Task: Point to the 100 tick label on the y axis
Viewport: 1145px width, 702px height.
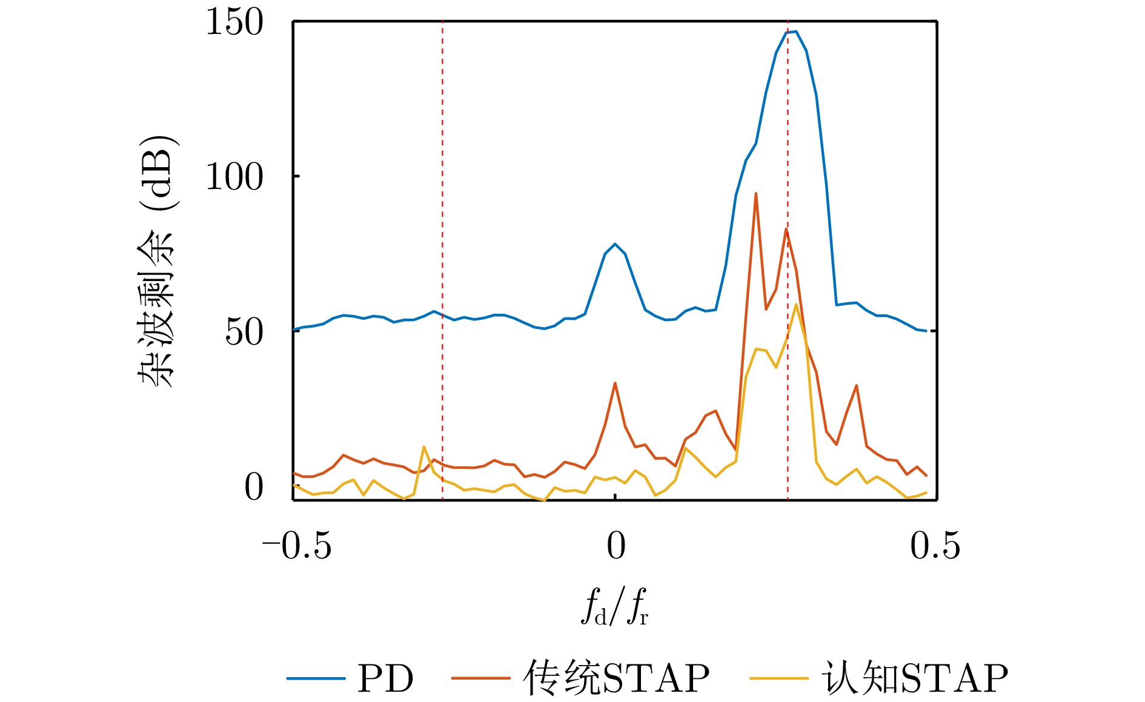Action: pos(234,177)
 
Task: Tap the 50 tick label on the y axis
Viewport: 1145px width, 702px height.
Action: pos(244,333)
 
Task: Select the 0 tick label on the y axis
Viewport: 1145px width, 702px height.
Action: pos(254,488)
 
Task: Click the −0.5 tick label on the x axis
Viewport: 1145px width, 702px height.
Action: pos(296,546)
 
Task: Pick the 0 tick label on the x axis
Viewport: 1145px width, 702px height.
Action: pos(616,546)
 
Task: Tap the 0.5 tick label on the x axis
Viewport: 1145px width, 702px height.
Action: pos(935,546)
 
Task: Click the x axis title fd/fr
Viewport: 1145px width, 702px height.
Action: pos(614,607)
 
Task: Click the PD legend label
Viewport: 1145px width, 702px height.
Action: pos(385,678)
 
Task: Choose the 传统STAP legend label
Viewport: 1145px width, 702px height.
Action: pos(616,678)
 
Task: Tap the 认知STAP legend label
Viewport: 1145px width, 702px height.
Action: pos(915,678)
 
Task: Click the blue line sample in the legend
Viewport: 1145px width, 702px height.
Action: pos(316,678)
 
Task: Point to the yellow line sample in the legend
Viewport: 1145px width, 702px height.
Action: pos(778,678)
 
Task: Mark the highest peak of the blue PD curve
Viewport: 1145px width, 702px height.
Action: pos(795,31)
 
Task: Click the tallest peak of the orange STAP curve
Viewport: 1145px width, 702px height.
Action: pos(755,194)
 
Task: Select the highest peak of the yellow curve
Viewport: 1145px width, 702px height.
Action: pos(795,304)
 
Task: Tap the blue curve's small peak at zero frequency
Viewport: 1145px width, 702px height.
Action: pos(615,244)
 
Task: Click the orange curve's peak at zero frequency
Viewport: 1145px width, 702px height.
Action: pos(615,383)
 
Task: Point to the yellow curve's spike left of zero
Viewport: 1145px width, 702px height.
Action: pos(423,447)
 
